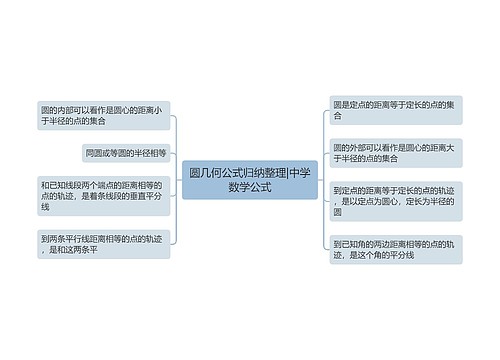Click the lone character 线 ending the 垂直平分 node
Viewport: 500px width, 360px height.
[x=46, y=207]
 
